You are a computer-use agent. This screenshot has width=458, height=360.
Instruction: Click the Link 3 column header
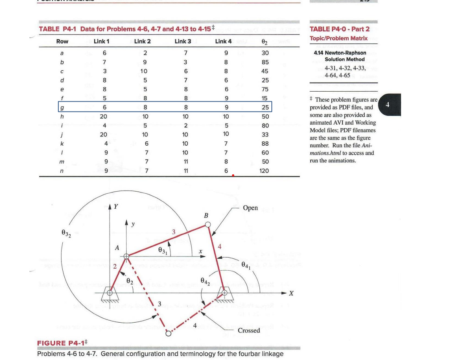click(x=183, y=41)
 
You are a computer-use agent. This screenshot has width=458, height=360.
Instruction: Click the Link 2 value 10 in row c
click(x=144, y=71)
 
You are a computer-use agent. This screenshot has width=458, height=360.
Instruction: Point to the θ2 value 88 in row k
click(x=265, y=144)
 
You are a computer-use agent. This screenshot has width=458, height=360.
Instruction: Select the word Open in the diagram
click(x=250, y=208)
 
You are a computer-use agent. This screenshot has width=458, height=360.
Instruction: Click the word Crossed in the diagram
click(x=249, y=330)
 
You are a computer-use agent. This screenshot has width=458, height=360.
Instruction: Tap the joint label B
click(x=206, y=216)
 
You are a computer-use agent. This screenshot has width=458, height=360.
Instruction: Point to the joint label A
click(x=117, y=247)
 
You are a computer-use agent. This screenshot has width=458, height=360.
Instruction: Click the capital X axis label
click(x=291, y=294)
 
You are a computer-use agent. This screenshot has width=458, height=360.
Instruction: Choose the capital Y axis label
click(x=116, y=206)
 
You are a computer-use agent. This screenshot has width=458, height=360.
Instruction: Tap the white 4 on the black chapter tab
click(x=388, y=105)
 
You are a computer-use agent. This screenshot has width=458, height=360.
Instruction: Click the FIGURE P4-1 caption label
click(x=62, y=343)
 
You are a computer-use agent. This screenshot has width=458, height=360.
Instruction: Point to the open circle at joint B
click(x=208, y=225)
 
